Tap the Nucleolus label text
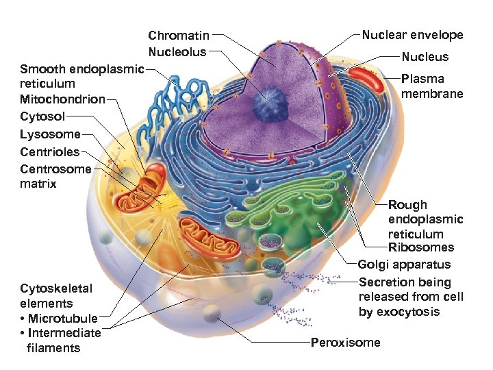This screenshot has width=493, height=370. tap(177, 51)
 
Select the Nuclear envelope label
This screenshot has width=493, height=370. tap(412, 35)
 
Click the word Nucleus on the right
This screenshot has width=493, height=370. tap(425, 57)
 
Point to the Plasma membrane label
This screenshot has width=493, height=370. tap(431, 86)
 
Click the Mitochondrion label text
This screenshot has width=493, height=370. tap(62, 99)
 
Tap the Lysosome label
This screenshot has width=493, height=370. tap(50, 134)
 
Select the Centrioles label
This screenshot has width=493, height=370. tap(49, 151)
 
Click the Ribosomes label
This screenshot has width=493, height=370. tap(420, 247)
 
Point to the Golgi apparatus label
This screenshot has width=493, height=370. tap(404, 264)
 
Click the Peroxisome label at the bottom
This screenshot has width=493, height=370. tap(345, 342)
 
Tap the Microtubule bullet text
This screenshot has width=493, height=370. tap(62, 318)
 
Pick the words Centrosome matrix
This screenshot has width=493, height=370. tap(55, 176)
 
